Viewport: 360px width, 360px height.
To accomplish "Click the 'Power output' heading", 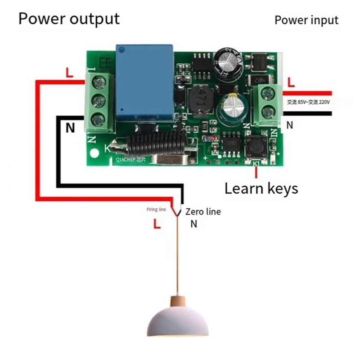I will pos(69,19).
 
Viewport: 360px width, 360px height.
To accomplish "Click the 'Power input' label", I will pos(306,20).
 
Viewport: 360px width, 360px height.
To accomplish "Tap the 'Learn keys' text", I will pos(261,188).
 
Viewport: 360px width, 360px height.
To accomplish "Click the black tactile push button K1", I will pos(255,148).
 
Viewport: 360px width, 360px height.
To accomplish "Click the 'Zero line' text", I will pos(203,211).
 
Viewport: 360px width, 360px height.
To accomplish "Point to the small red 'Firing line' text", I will pos(156,210).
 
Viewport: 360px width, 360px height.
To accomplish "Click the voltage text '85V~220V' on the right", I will pos(309,103).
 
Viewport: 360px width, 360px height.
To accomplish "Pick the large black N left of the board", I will pos(70,128).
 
